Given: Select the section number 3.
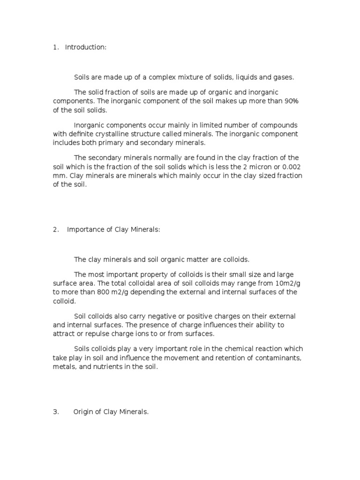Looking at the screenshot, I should (55, 412).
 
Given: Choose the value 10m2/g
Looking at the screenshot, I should (279, 283).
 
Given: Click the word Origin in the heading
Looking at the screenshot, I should (83, 412).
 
